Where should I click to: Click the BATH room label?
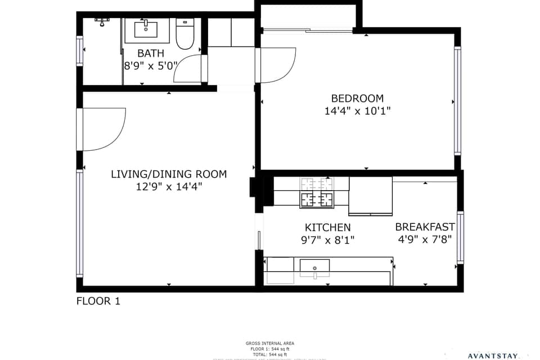point(151,53)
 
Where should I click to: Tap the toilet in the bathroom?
point(184,33)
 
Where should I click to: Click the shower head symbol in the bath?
point(102,21)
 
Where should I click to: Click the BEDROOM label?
point(357,98)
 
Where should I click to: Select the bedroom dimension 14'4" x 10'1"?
point(357,111)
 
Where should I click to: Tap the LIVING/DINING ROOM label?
point(169,174)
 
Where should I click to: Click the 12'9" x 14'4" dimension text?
point(169,187)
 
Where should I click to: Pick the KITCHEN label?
point(327,227)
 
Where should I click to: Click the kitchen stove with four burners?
point(317,192)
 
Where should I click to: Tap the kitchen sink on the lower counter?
point(314,267)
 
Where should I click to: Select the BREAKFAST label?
point(425,227)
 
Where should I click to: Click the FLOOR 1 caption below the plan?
point(98,301)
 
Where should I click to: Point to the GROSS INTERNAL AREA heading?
point(270,343)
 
